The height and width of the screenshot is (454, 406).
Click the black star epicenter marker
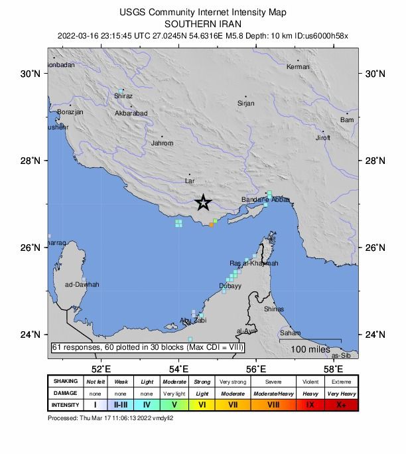click(x=204, y=203)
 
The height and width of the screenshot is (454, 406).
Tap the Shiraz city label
click(x=123, y=96)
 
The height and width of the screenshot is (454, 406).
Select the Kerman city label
click(x=298, y=67)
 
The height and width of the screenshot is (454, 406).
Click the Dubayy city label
click(x=230, y=286)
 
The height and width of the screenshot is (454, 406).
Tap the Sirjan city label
click(x=245, y=104)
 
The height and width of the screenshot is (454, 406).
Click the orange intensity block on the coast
click(x=211, y=225)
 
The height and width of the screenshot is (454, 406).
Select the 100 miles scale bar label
click(x=301, y=349)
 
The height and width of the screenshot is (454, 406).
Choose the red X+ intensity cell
click(x=340, y=404)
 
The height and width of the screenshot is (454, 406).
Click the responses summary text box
click(x=148, y=347)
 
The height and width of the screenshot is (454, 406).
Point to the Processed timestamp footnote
click(x=111, y=418)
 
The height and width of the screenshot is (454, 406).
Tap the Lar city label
click(x=190, y=181)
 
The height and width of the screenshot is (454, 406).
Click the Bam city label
click(x=346, y=120)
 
